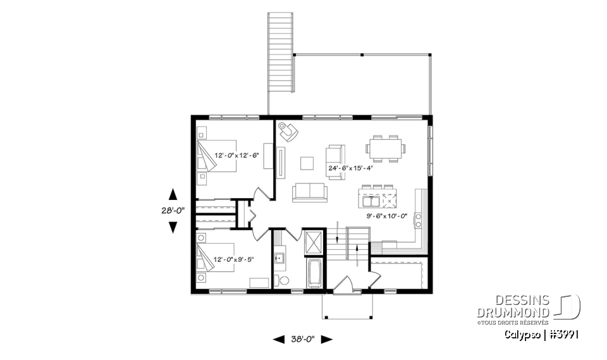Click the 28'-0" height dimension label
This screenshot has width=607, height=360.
[x=173, y=211]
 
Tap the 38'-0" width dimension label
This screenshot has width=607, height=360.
[x=302, y=339]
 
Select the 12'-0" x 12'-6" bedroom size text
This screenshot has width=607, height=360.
[x=237, y=155]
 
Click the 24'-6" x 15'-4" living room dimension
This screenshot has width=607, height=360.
[x=350, y=168]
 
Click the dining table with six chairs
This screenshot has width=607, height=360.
[x=385, y=147]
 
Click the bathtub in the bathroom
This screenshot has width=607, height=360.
[x=314, y=274]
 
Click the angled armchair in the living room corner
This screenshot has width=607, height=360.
[x=289, y=131]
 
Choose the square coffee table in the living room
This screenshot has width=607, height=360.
[x=307, y=163]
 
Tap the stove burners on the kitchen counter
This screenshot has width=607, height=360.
[x=417, y=220]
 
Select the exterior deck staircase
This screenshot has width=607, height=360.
[x=281, y=54]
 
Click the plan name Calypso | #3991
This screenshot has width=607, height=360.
[x=542, y=333]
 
